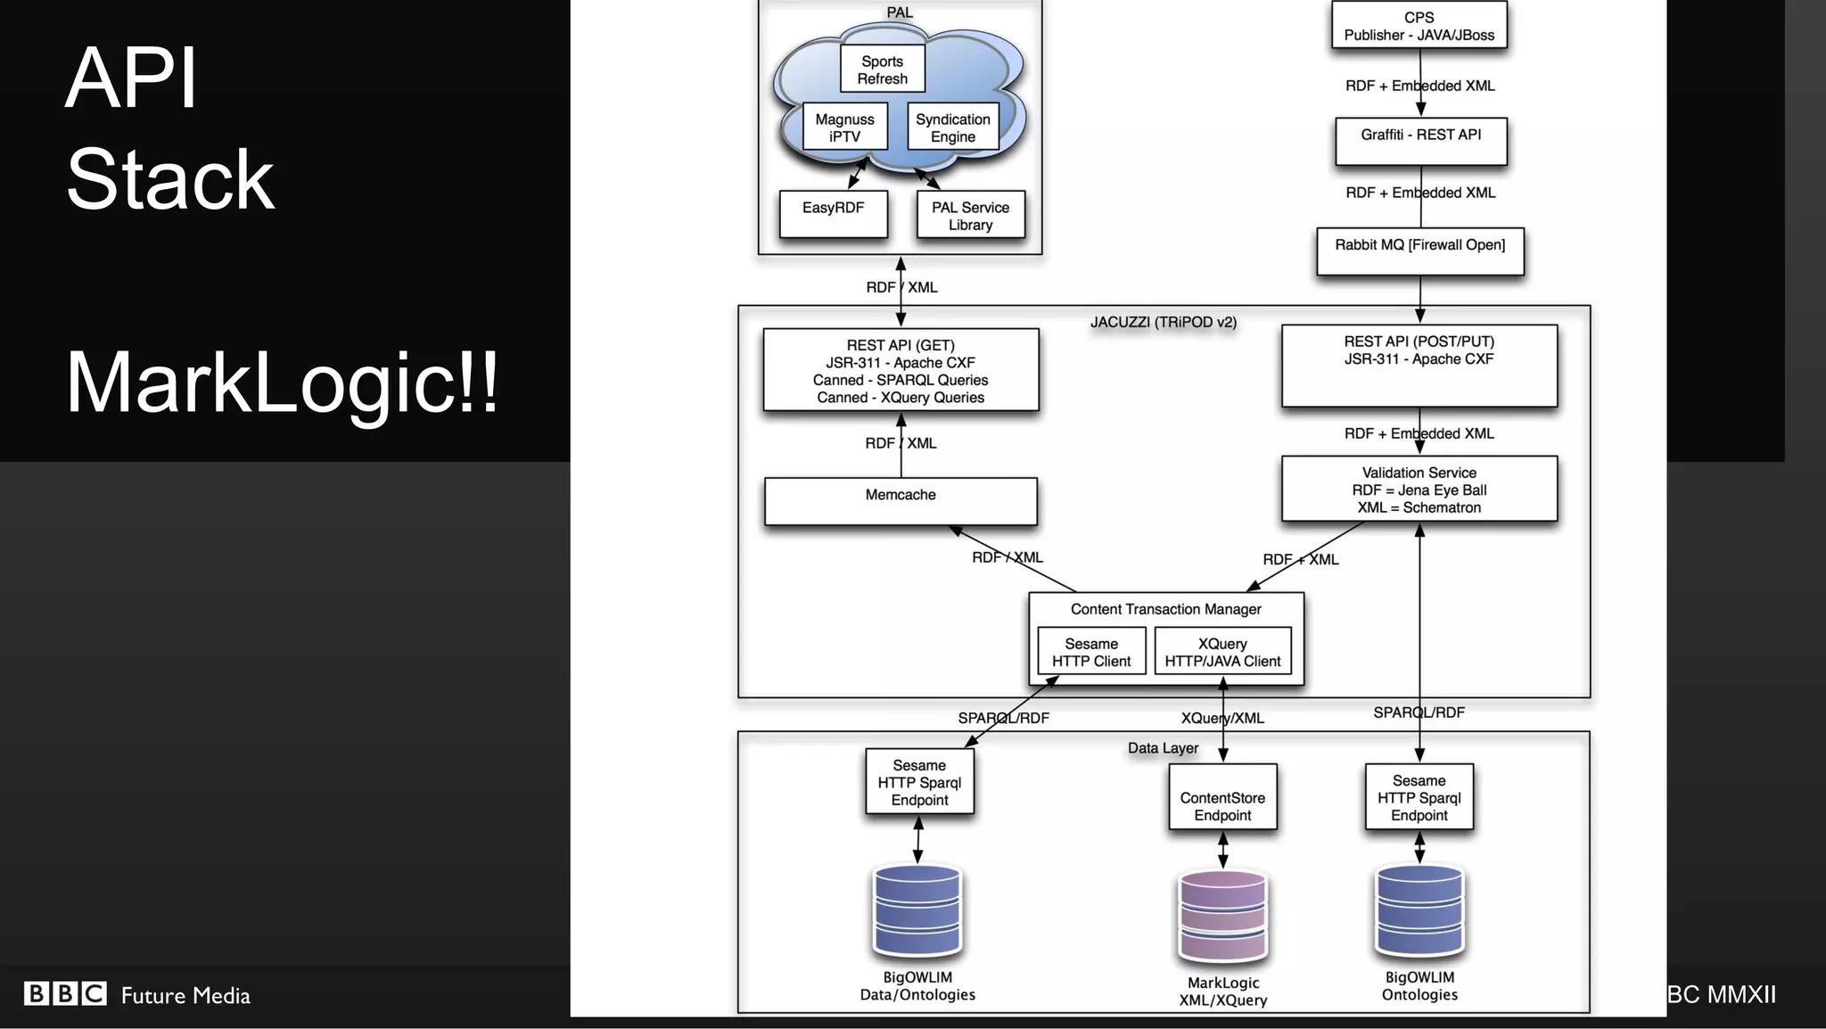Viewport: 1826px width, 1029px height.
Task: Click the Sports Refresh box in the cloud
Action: [x=882, y=70]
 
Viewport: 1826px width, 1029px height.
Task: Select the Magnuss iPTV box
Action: [x=844, y=128]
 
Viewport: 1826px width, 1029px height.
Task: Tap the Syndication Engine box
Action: [x=952, y=128]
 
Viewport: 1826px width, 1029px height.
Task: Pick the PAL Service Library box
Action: [x=970, y=215]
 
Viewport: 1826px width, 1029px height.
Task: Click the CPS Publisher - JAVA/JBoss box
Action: [x=1419, y=26]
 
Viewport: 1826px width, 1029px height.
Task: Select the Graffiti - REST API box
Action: [x=1420, y=141]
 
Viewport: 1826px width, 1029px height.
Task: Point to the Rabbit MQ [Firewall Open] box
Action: [x=1419, y=251]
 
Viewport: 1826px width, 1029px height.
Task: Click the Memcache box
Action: [x=901, y=501]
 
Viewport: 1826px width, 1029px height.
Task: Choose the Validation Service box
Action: [x=1419, y=490]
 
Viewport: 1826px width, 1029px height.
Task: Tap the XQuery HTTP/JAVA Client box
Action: [x=1222, y=652]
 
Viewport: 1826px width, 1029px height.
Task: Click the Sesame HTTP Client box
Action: [x=1091, y=652]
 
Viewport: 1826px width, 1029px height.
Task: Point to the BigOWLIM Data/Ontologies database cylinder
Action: [x=917, y=910]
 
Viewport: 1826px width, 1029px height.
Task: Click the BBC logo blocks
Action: [x=65, y=993]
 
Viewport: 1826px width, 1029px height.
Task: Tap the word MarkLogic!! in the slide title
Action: [x=282, y=383]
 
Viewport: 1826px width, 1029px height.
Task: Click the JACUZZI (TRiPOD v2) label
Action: [x=1163, y=322]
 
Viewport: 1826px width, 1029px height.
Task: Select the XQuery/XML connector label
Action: [x=1222, y=718]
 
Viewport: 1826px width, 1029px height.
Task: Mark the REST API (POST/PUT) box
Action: [x=1419, y=366]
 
